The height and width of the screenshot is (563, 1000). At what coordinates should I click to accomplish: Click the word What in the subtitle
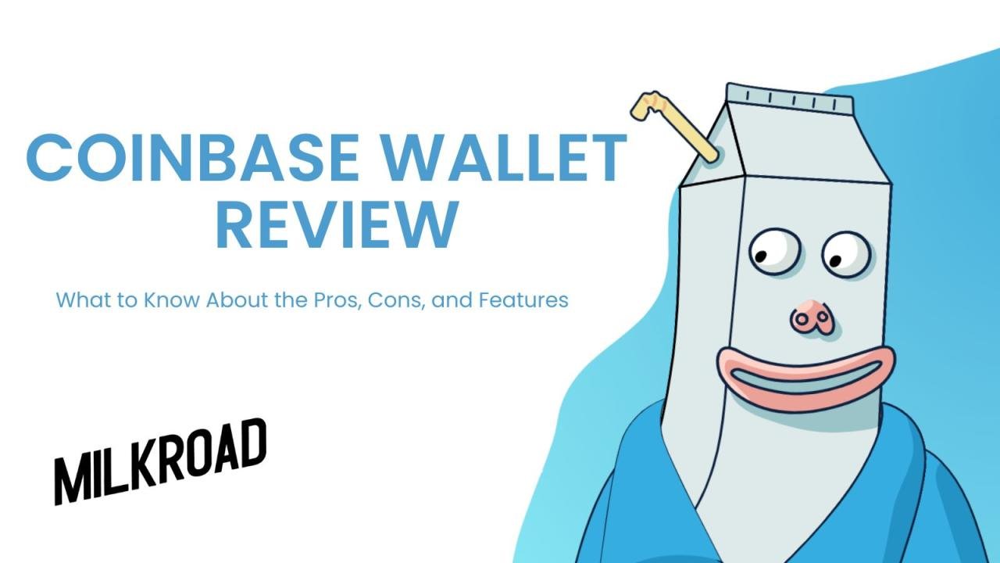coord(80,300)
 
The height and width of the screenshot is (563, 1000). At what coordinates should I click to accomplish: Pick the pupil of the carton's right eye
coord(835,260)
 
